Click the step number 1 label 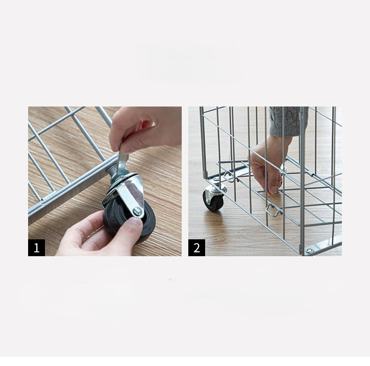[37, 248]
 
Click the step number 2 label [197, 248]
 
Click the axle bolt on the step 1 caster [137, 211]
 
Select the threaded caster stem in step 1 [111, 170]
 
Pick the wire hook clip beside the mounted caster [230, 175]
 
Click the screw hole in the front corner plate [310, 250]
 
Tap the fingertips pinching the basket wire [274, 189]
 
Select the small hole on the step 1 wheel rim [149, 229]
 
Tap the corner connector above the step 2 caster [206, 175]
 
